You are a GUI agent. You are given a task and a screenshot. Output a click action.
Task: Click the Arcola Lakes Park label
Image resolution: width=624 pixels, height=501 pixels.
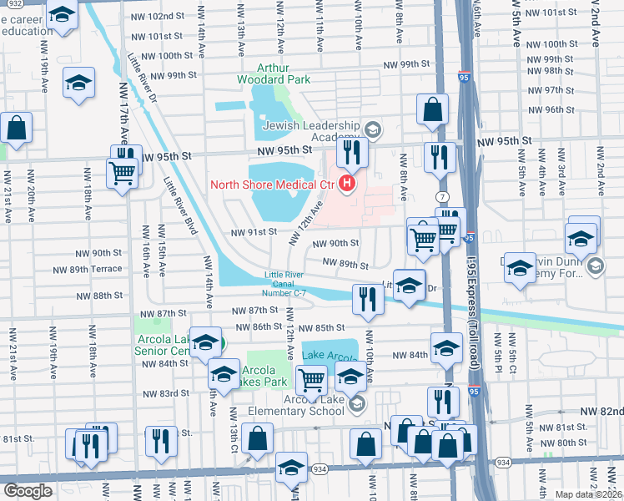[264, 376]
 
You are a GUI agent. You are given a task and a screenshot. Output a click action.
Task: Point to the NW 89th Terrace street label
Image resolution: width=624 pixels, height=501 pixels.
[96, 269]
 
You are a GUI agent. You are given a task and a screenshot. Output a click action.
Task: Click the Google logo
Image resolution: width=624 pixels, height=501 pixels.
[28, 491]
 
